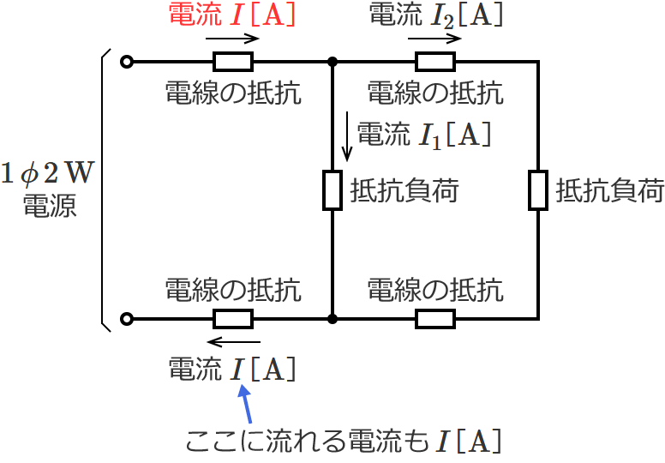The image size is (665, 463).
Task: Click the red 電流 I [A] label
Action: (x=233, y=15)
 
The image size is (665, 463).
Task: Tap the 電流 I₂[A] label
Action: (x=435, y=15)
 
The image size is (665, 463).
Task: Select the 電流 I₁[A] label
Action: (x=422, y=134)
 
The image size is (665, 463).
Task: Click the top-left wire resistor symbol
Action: (x=233, y=62)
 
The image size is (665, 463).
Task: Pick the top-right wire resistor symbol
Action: (x=435, y=62)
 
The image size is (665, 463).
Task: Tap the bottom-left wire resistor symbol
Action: (x=233, y=319)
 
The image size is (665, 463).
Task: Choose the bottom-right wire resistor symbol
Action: (x=435, y=319)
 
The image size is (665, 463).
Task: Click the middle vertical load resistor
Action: (x=332, y=190)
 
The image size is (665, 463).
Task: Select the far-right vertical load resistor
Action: (x=537, y=190)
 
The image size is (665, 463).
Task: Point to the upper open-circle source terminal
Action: (x=127, y=62)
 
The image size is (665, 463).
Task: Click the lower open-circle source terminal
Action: (x=127, y=319)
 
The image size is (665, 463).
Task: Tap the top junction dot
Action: (x=332, y=62)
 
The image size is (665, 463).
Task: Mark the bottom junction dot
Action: (x=332, y=319)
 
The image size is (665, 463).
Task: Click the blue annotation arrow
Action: (x=247, y=403)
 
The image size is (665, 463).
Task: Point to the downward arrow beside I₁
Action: (x=347, y=139)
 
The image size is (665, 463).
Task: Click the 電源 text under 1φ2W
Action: (x=50, y=206)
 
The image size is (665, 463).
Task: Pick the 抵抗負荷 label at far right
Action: (x=609, y=190)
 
